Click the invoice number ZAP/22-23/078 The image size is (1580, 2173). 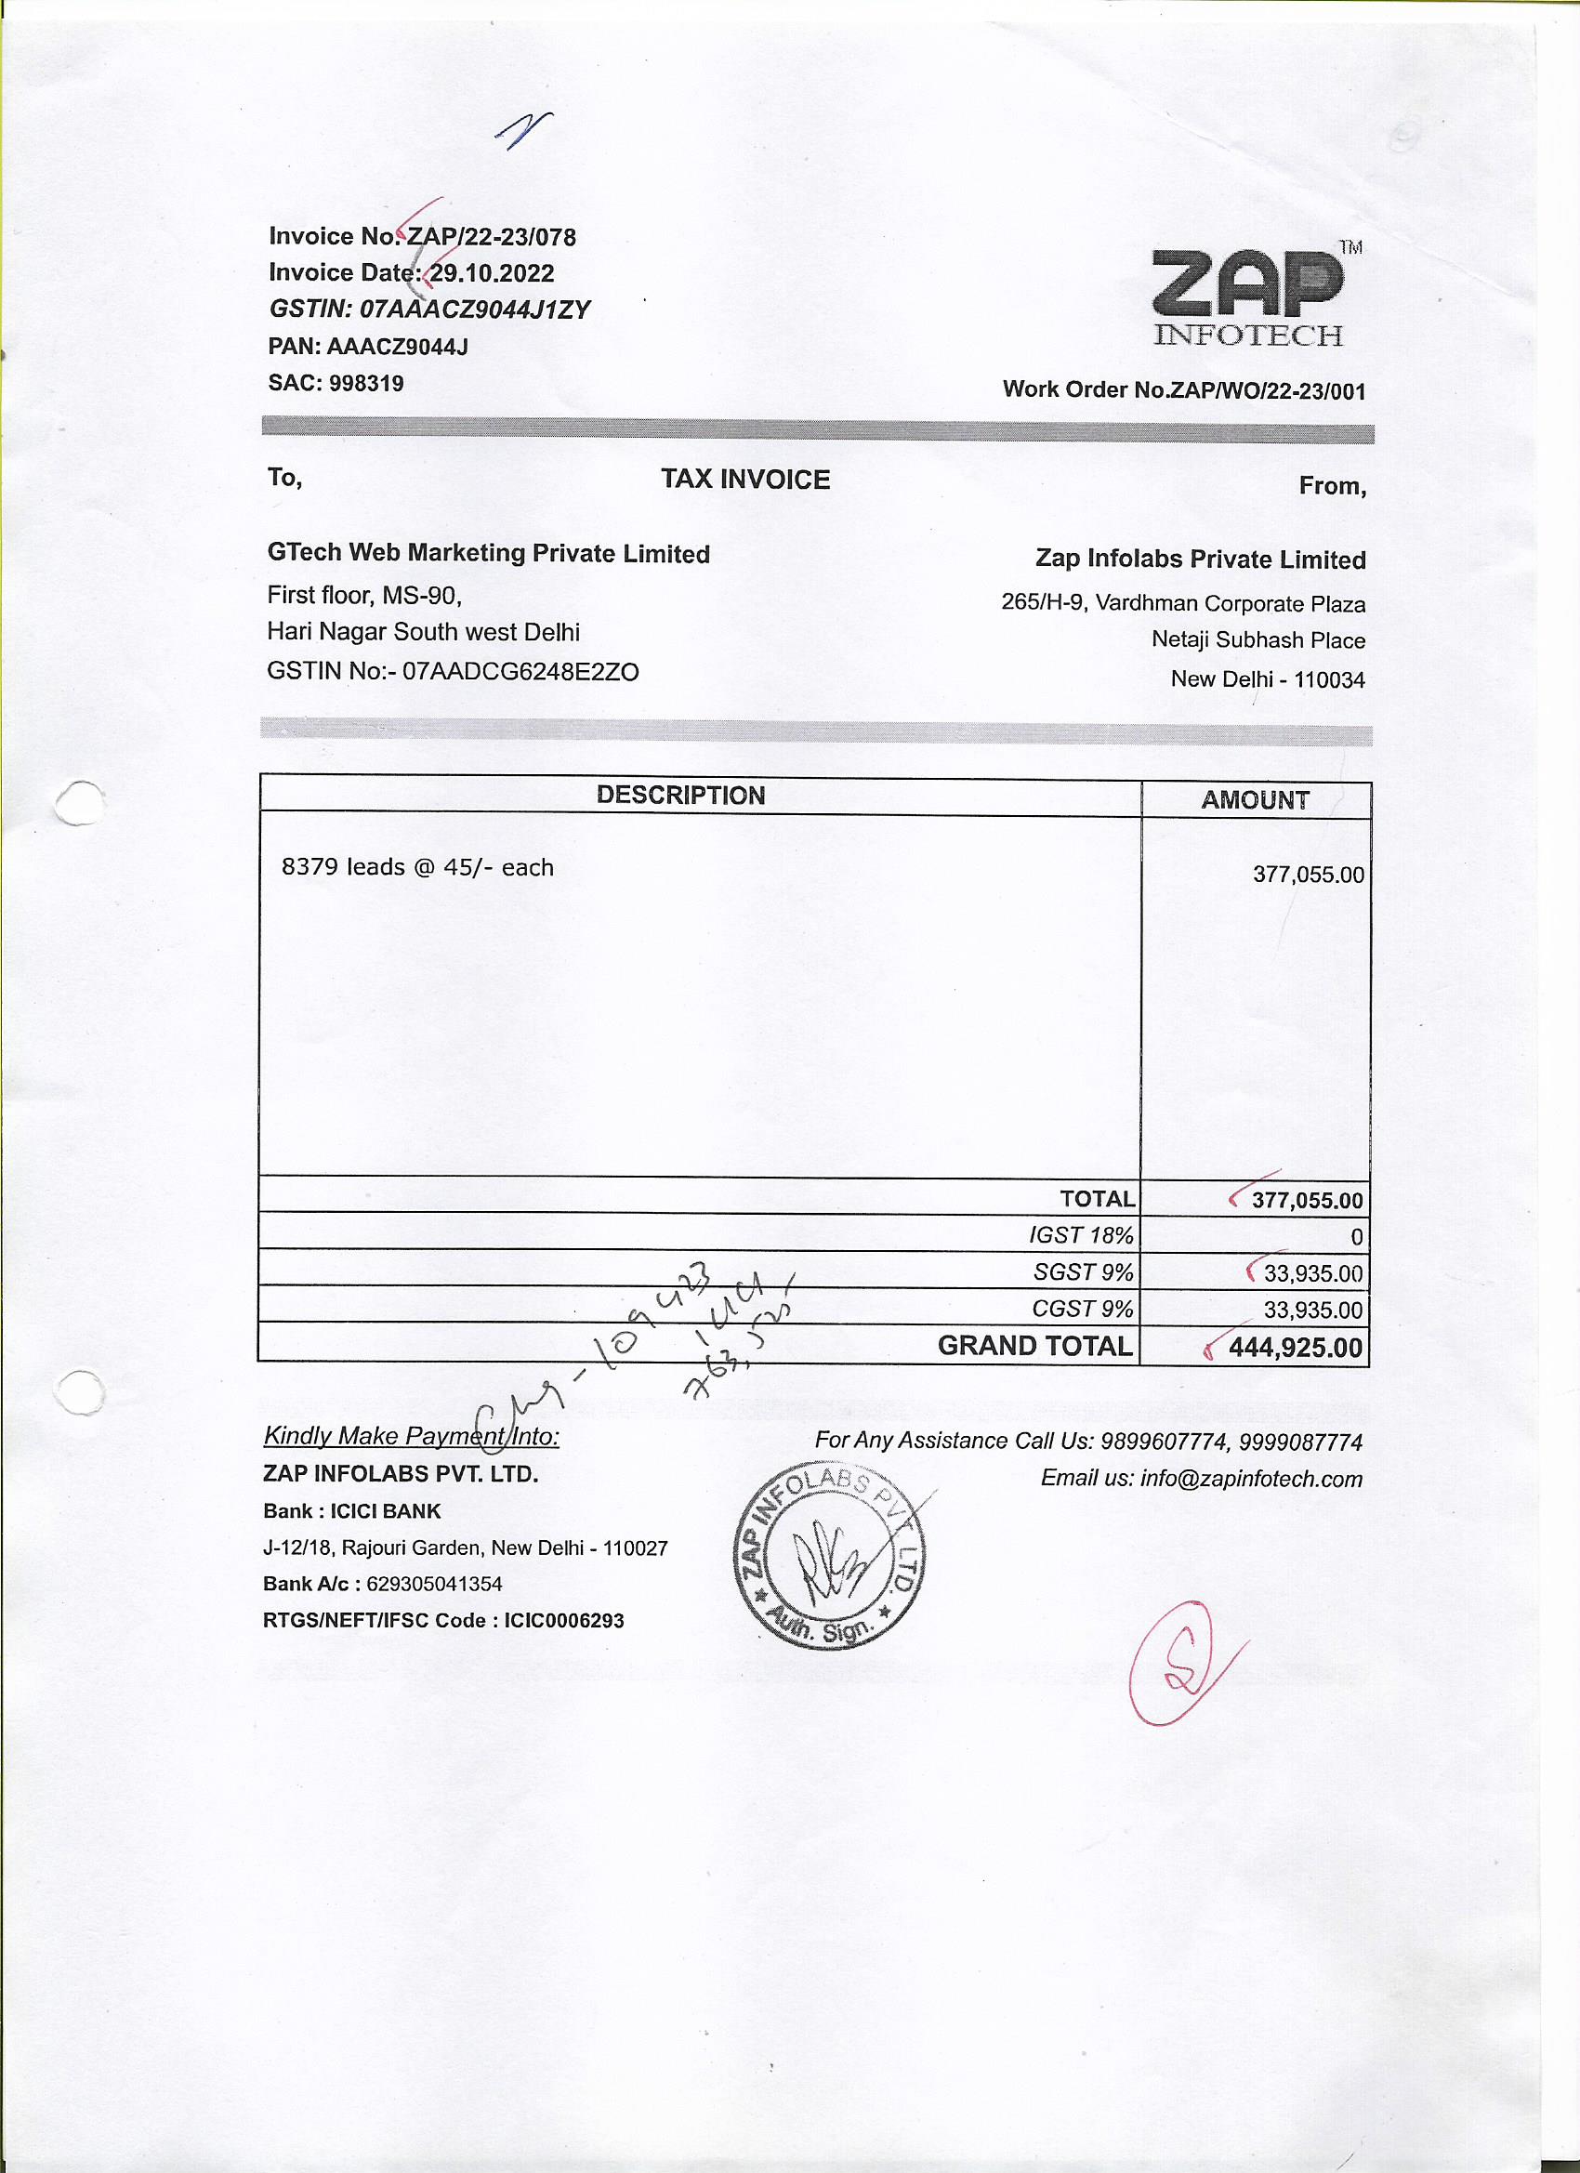[492, 237]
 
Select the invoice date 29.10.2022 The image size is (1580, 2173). [492, 273]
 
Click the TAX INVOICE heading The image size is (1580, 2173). [744, 479]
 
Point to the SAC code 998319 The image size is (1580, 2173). [366, 383]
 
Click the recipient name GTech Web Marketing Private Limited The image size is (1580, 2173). [488, 554]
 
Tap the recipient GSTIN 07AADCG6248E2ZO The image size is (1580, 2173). [520, 671]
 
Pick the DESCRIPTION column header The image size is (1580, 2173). [680, 796]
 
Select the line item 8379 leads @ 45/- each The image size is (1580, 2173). [416, 867]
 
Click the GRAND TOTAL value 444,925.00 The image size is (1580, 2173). [1295, 1348]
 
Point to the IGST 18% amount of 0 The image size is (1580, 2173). [1356, 1237]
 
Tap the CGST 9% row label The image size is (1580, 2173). [1082, 1309]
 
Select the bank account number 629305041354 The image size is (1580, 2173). [434, 1584]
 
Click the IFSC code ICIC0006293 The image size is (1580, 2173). [563, 1620]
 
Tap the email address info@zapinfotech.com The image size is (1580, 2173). [1250, 1479]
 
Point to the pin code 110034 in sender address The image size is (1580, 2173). [1329, 680]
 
